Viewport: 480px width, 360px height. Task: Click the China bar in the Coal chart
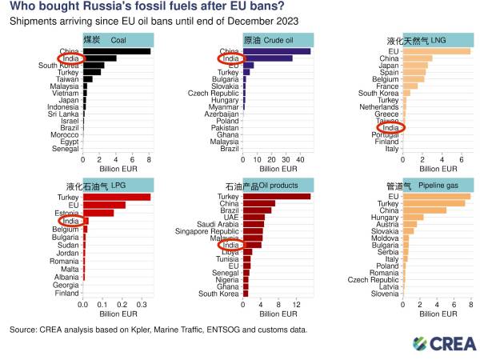pyautogui.click(x=117, y=51)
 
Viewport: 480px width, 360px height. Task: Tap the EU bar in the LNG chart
pyautogui.click(x=436, y=51)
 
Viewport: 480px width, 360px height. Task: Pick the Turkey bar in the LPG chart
pyautogui.click(x=117, y=197)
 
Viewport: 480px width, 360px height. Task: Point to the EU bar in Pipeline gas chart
pyautogui.click(x=436, y=196)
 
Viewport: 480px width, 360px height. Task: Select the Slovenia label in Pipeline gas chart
pyautogui.click(x=386, y=294)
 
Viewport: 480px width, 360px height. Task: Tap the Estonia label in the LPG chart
pyautogui.click(x=66, y=212)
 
